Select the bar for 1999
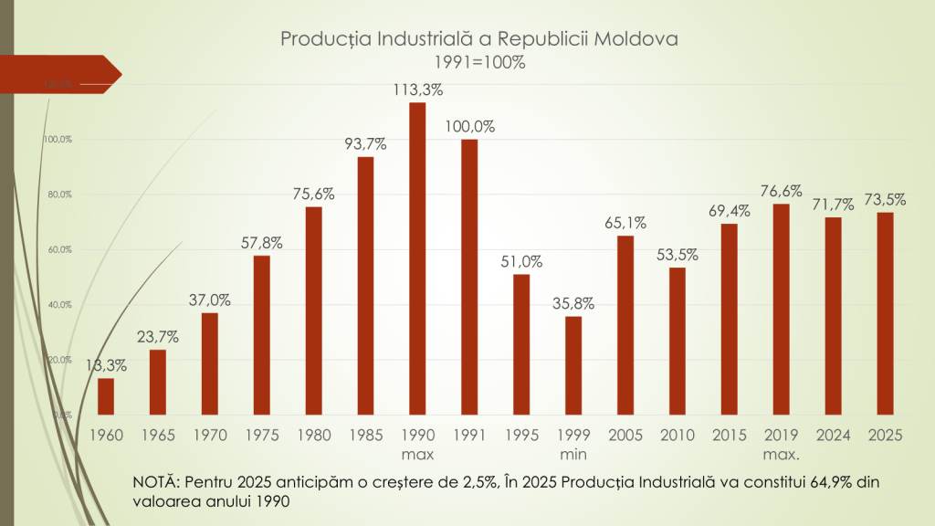pos(573,365)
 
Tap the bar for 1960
pos(106,396)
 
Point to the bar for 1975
pos(262,335)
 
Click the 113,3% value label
pos(417,89)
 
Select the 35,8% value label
pos(573,303)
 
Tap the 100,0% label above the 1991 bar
pos(469,127)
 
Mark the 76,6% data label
pos(781,191)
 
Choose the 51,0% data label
pos(521,261)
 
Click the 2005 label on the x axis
pos(625,436)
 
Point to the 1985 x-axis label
pos(365,436)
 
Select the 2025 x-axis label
pos(885,436)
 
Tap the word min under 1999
pos(573,454)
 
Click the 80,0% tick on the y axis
pos(59,195)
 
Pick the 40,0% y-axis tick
pos(59,305)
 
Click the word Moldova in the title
pos(638,40)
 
